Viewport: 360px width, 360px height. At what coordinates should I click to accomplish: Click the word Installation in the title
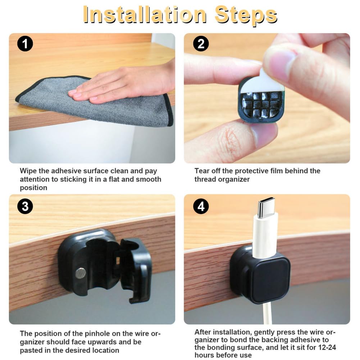click(145, 15)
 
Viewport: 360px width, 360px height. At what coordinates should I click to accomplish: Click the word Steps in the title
click(246, 15)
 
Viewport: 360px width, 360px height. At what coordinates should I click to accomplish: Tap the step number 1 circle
click(25, 44)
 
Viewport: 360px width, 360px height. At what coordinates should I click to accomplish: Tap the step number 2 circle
click(201, 44)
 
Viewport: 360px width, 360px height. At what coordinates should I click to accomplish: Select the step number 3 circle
click(25, 206)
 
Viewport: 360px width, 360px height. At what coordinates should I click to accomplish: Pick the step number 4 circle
click(201, 206)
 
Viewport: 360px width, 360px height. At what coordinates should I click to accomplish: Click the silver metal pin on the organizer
click(81, 273)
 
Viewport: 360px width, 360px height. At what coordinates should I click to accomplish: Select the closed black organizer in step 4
click(261, 274)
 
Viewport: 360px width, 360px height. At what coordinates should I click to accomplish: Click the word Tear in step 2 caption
click(202, 171)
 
